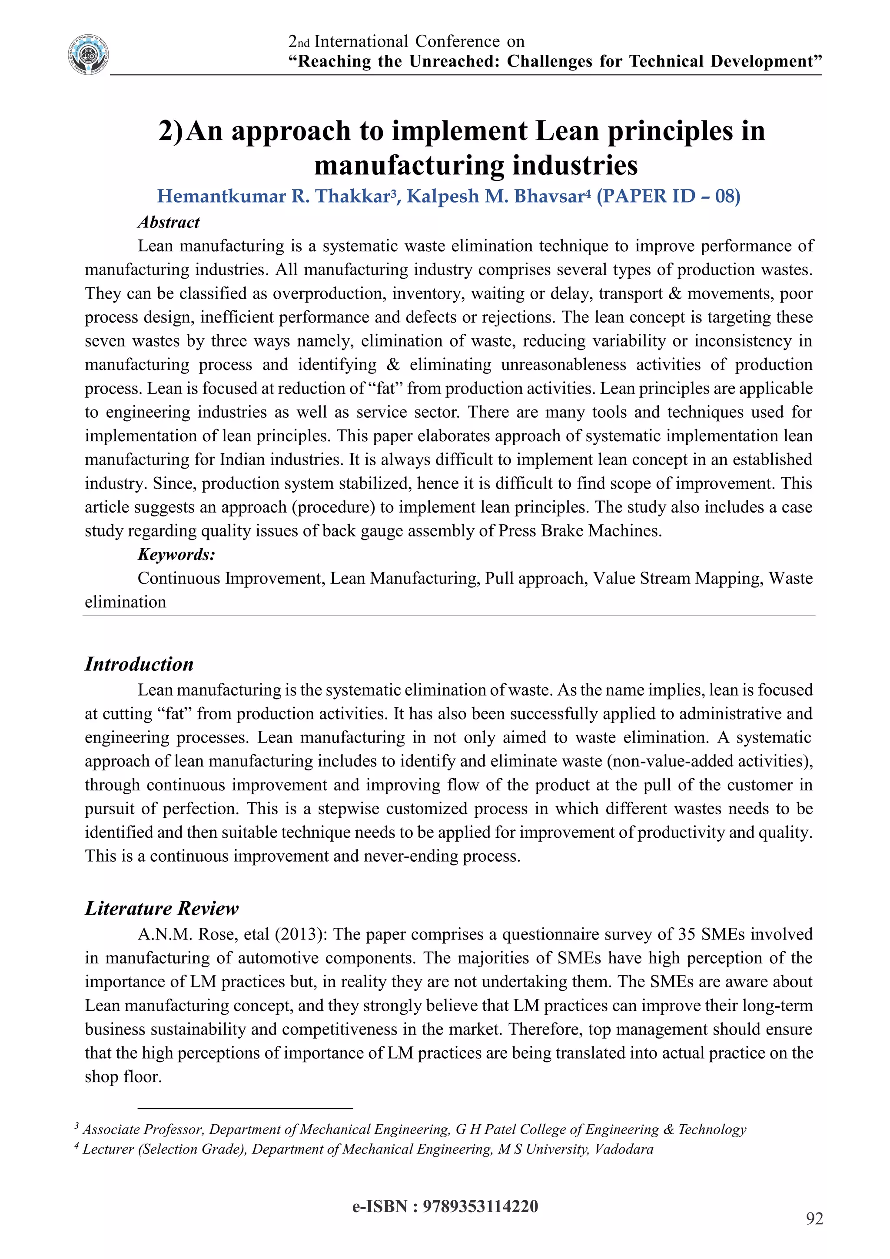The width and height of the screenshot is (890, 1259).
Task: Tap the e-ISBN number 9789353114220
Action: (x=481, y=1207)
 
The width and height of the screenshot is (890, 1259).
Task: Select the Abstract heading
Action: (x=168, y=222)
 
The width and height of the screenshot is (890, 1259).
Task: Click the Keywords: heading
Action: (x=176, y=554)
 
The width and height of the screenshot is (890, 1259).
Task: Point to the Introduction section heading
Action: (x=139, y=664)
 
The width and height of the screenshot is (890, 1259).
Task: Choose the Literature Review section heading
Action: (x=161, y=909)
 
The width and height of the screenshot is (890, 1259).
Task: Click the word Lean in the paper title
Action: (x=567, y=131)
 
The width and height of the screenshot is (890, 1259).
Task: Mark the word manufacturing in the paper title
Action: (x=409, y=166)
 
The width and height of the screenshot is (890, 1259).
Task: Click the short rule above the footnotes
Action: (x=245, y=1108)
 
